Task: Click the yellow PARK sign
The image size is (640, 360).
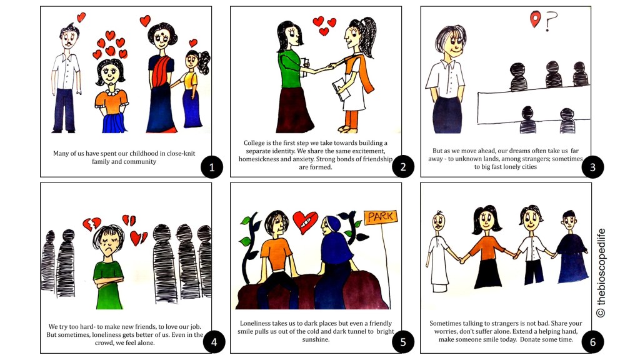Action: pos(381,217)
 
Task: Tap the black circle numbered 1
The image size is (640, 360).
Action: pos(212,167)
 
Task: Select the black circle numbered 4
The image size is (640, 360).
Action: pos(214,342)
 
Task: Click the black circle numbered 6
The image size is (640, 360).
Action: pos(592,342)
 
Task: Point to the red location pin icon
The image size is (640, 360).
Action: pos(535,19)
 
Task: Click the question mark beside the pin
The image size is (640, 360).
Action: pos(551,21)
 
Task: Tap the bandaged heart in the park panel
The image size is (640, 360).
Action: pos(305,222)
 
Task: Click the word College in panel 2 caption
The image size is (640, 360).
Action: pos(254,143)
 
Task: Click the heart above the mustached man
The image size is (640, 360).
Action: pos(81,17)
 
